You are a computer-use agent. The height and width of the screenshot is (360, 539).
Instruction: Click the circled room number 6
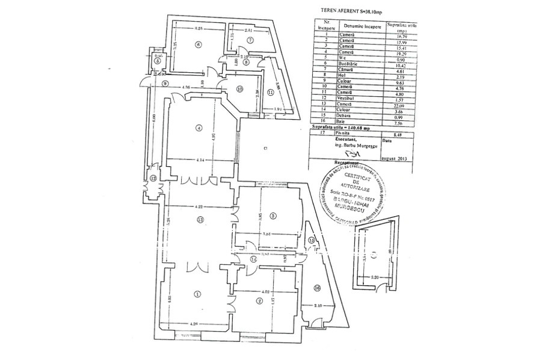click(x=197, y=45)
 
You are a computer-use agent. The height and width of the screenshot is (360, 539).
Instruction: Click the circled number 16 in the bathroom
click(x=317, y=288)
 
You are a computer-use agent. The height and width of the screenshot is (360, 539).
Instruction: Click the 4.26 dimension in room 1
click(x=194, y=324)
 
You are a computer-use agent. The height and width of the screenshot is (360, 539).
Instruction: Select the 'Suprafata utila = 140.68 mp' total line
click(x=341, y=128)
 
